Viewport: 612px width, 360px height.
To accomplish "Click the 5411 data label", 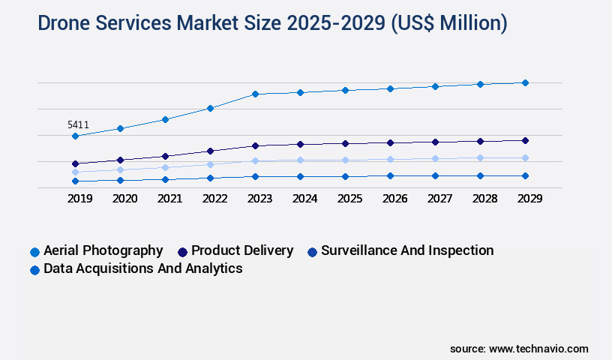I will (x=78, y=124).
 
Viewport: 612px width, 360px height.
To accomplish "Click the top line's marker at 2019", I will (x=75, y=136).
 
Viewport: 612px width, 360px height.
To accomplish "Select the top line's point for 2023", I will (x=255, y=94).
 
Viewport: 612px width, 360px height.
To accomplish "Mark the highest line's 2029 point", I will (x=525, y=82).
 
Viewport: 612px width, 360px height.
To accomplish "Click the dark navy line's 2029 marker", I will (x=525, y=140).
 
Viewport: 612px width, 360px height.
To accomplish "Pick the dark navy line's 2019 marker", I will (x=75, y=163).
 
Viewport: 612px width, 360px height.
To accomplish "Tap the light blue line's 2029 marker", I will (x=525, y=157).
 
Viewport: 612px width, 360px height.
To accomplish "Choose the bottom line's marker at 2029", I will (x=525, y=175).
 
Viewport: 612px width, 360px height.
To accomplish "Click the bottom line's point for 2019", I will (x=75, y=181).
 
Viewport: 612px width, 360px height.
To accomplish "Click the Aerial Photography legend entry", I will (x=103, y=250).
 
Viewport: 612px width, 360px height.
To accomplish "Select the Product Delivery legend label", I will (x=242, y=250).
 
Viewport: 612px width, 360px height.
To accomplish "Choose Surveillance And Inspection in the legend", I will (x=407, y=250).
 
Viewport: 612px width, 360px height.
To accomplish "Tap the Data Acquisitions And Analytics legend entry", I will (x=142, y=268).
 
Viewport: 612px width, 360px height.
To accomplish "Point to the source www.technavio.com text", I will (x=519, y=349).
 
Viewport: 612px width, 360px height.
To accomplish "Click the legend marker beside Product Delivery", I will (x=182, y=252).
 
